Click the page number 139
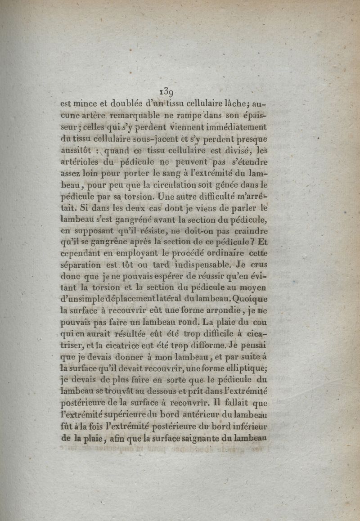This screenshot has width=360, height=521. point(167,91)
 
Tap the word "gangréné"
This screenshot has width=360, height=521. point(139,220)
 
